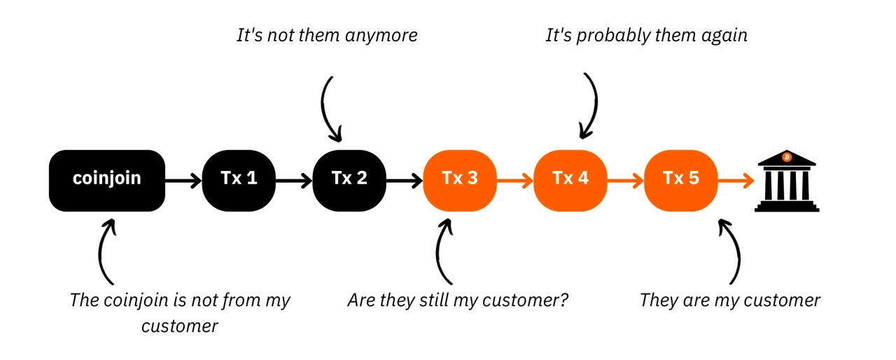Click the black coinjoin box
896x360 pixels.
[x=107, y=179]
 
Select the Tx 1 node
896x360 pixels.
[x=239, y=179]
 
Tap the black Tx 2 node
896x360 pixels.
[x=349, y=179]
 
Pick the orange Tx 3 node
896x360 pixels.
[x=460, y=179]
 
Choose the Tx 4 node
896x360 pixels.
[x=570, y=179]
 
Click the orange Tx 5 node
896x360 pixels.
[x=680, y=179]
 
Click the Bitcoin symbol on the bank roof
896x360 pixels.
[x=787, y=157]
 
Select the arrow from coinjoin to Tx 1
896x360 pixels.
[x=183, y=180]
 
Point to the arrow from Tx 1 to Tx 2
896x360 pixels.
[x=294, y=180]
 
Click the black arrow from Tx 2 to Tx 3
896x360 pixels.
[x=405, y=180]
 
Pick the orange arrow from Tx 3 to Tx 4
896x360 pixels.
[x=515, y=180]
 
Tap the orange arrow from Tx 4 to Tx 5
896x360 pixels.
[x=626, y=180]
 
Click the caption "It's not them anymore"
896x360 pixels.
[x=327, y=35]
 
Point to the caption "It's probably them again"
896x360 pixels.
[x=646, y=35]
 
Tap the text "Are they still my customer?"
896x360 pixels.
[x=458, y=301]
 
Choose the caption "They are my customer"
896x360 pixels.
[x=729, y=301]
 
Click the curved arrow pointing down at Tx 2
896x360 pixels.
[x=329, y=109]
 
